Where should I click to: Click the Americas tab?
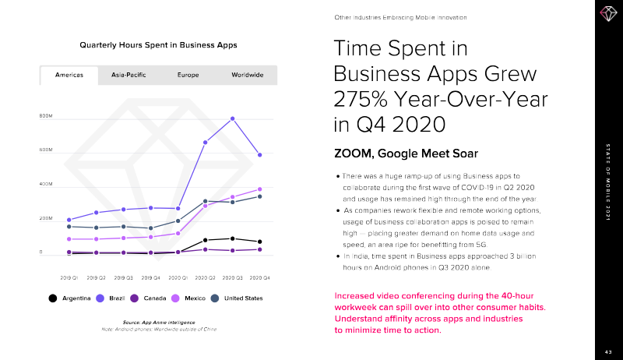[69, 75]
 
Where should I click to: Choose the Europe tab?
[188, 75]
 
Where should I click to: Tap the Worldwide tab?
[247, 75]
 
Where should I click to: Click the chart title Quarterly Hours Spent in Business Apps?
[158, 44]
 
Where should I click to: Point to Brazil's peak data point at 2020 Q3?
[233, 118]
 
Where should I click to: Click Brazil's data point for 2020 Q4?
[260, 155]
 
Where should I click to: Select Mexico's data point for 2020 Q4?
[260, 189]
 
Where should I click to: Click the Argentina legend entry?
[70, 298]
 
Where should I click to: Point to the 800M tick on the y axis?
[46, 117]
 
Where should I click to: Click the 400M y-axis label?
[46, 185]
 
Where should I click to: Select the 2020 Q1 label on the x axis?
[178, 277]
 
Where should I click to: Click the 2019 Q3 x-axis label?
[124, 277]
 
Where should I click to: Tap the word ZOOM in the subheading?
[354, 151]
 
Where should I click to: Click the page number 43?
[608, 352]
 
